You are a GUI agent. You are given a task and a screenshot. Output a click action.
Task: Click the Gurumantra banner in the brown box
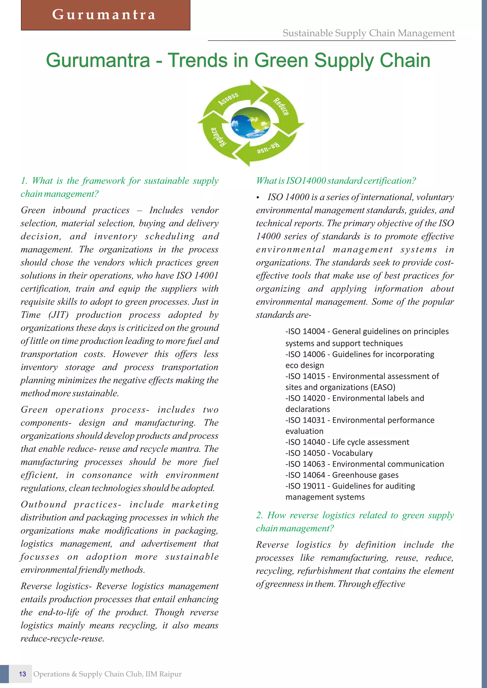pos(104,15)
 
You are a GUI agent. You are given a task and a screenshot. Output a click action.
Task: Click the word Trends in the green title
pos(198,60)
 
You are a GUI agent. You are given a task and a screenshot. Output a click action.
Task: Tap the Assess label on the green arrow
pos(228,99)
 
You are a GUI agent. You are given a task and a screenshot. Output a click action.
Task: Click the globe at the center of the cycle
pos(250,123)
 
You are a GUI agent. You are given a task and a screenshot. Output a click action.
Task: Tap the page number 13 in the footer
pos(23,674)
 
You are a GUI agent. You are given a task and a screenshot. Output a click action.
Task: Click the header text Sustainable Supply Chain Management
pos(369,33)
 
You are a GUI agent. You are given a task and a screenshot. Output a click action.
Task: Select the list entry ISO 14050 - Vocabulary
pos(329,453)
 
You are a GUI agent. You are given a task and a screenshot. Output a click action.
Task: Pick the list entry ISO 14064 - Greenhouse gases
pos(342,475)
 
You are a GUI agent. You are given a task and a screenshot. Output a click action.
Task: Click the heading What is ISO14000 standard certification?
pos(336,181)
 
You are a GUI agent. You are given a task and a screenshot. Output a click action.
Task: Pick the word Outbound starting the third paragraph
pos(44,504)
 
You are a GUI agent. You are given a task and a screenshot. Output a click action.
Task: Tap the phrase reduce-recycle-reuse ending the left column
pos(62,639)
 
